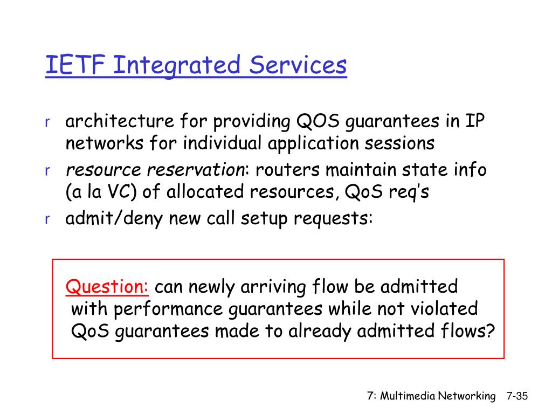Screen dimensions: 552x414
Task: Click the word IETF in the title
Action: click(x=75, y=65)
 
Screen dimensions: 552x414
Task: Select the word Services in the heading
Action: click(x=298, y=65)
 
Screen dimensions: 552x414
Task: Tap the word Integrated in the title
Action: click(x=177, y=66)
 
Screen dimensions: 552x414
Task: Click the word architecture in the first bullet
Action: click(x=120, y=121)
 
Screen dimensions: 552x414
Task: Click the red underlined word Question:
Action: click(x=107, y=286)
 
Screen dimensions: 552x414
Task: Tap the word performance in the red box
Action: click(x=168, y=309)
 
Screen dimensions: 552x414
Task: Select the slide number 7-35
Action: click(x=517, y=396)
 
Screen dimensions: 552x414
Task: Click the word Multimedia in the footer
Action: click(x=408, y=396)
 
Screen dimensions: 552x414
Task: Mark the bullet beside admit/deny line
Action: click(x=47, y=219)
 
